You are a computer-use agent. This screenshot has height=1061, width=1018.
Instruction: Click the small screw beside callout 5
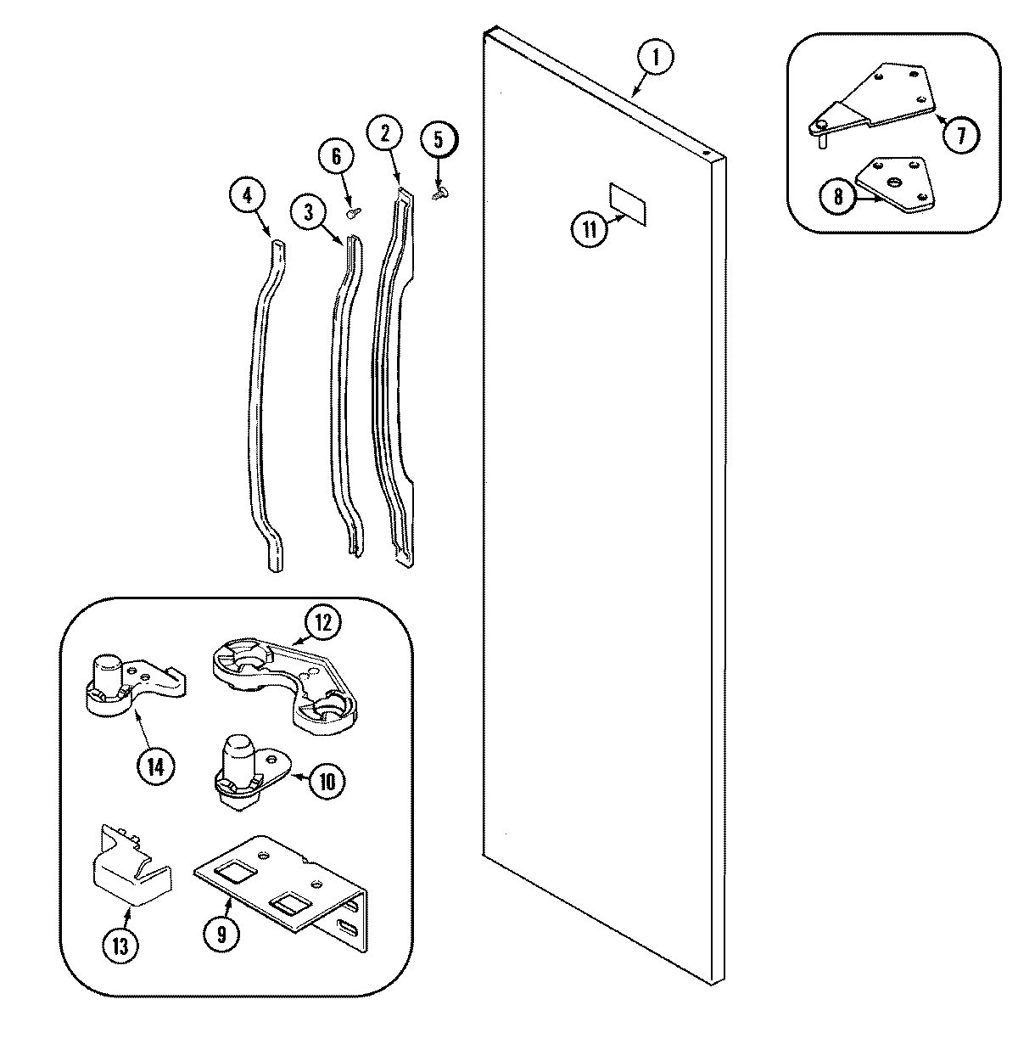[x=439, y=194]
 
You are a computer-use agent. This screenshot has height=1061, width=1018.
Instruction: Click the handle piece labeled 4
[x=259, y=407]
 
